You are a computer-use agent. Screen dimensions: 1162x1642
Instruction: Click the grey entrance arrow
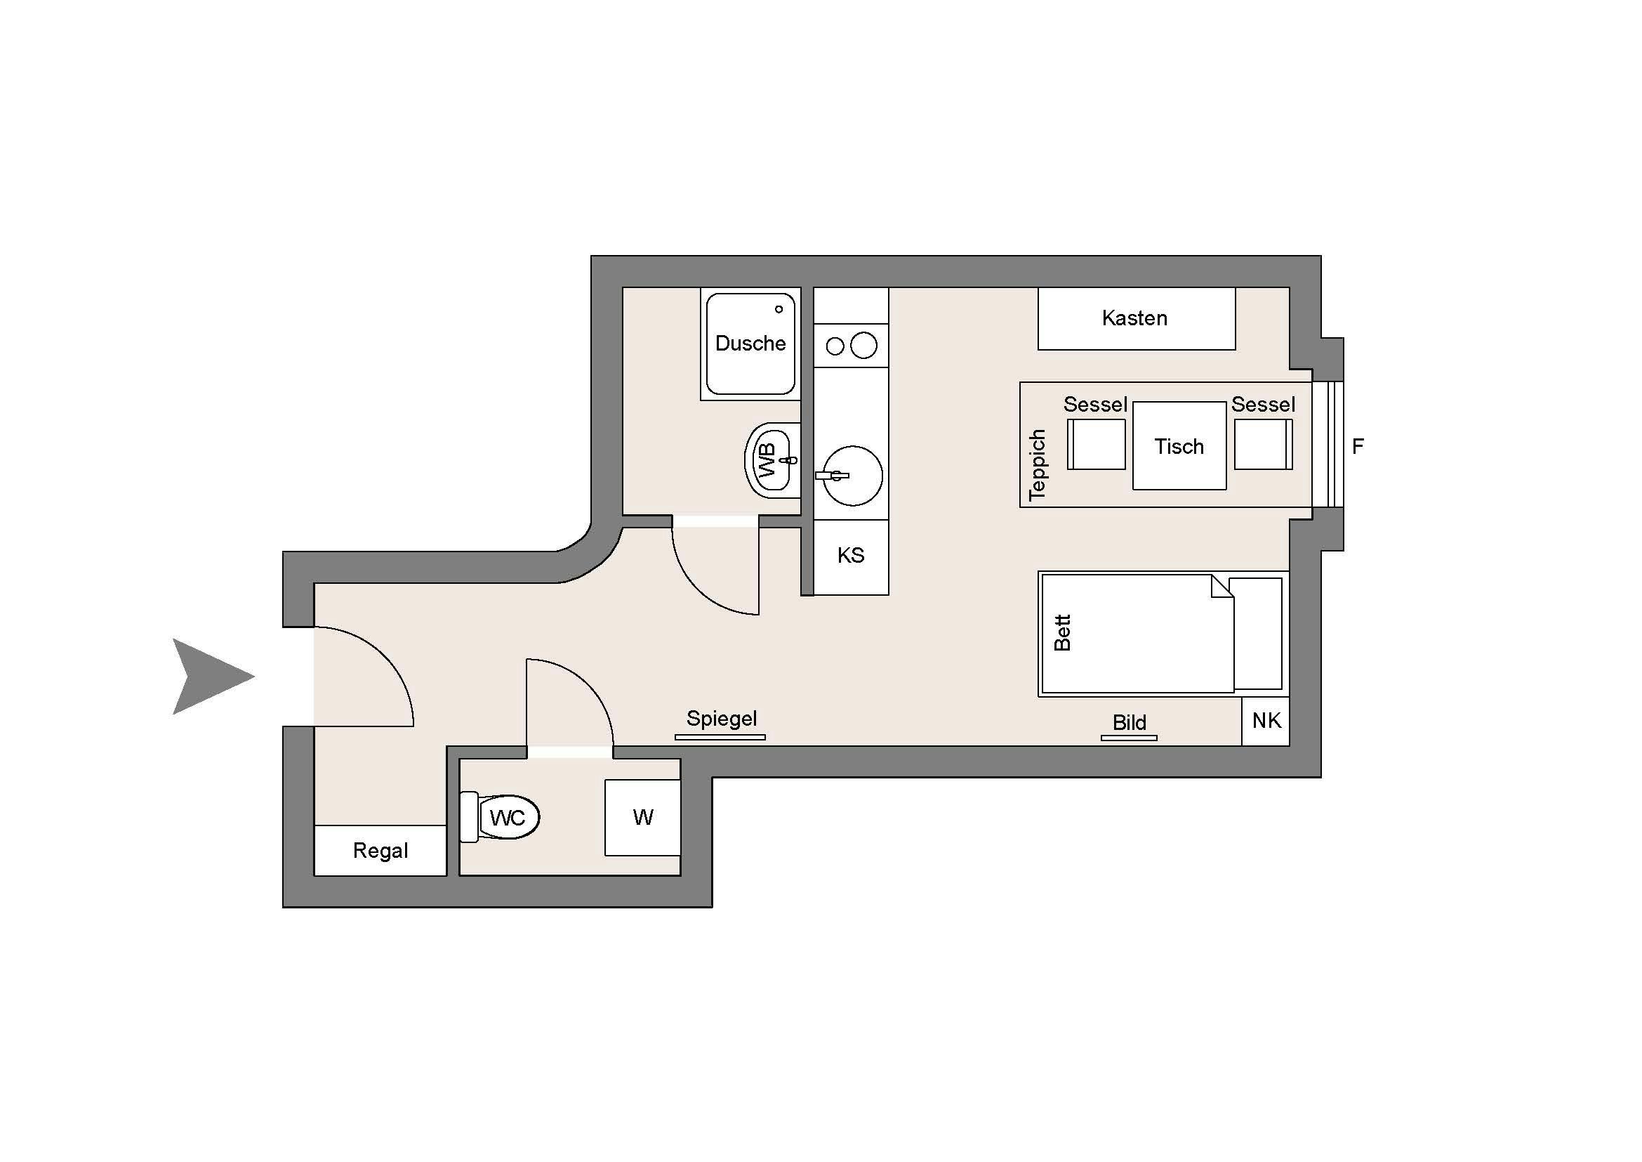click(207, 676)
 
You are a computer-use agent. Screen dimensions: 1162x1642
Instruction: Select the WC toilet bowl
click(509, 816)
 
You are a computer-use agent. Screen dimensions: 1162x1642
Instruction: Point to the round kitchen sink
click(853, 476)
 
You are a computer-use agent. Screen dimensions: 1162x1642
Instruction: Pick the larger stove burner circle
click(864, 346)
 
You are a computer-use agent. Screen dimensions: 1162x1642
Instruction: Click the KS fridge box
click(851, 556)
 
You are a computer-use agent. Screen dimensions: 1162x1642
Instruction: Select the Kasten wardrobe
click(1136, 318)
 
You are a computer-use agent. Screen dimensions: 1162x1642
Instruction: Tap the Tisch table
click(1179, 447)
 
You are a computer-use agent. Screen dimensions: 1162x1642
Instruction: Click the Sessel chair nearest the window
click(1263, 444)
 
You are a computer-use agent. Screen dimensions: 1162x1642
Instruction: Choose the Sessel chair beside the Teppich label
click(1096, 444)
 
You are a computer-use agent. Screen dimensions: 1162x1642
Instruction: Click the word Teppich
click(1037, 464)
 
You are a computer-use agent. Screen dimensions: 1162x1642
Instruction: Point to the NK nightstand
click(1266, 721)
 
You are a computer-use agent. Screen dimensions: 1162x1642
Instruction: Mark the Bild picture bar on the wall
click(1129, 738)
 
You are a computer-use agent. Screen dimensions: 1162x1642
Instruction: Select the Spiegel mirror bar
click(720, 737)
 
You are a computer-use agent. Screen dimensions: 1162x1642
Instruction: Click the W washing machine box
click(642, 817)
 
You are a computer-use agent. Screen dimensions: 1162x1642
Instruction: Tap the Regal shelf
click(380, 851)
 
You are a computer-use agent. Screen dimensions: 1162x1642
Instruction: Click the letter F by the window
click(1358, 447)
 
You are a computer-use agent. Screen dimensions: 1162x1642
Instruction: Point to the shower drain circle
click(779, 309)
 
